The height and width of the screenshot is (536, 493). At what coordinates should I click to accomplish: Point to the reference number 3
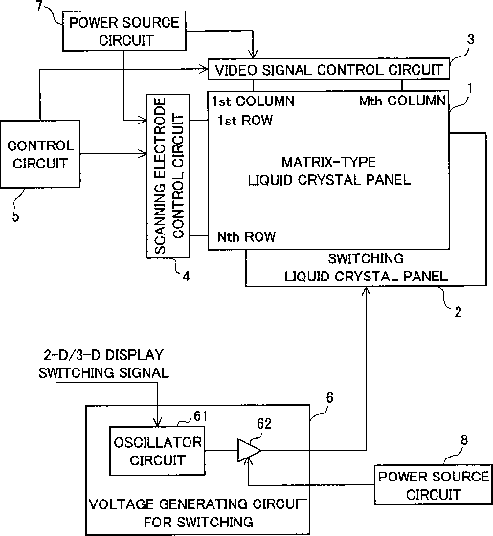coord(471,40)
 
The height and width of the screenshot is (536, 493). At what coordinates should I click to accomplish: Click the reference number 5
coord(15,216)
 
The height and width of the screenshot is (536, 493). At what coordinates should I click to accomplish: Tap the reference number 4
coord(186,277)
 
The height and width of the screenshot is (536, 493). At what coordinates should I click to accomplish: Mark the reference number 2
coord(459,312)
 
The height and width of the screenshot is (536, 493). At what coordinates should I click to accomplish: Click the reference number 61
coord(200,416)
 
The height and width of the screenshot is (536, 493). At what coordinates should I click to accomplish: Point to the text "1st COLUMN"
coord(253,101)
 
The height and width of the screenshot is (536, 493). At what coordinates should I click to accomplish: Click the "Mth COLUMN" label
coord(402,100)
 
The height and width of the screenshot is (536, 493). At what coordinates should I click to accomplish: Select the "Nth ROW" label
coord(247,237)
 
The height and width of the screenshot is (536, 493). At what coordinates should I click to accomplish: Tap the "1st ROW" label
coord(245,121)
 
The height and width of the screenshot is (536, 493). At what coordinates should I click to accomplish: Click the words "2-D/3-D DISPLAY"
coord(103,355)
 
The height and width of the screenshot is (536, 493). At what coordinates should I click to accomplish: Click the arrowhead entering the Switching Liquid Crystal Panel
coord(366,291)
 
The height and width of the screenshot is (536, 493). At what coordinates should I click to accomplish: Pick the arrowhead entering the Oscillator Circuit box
coord(157,422)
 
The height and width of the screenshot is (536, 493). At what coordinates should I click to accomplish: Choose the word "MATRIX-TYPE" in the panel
coord(328,162)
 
